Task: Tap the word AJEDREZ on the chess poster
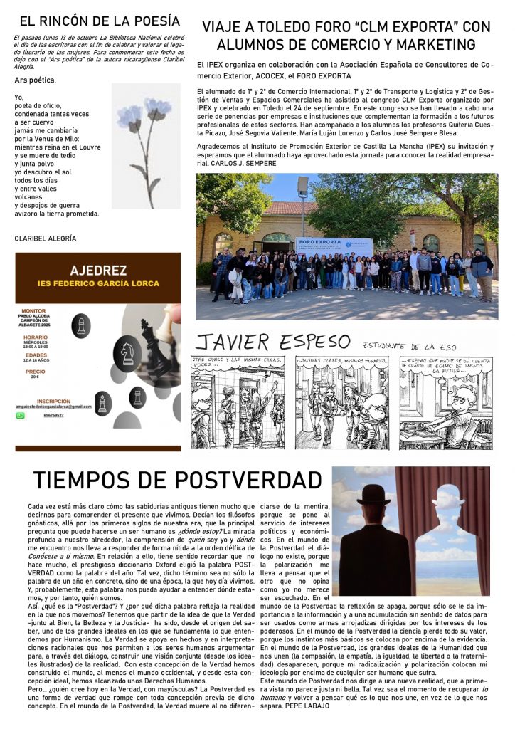[x=98, y=271]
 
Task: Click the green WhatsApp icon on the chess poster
[x=21, y=415]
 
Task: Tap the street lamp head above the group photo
[x=303, y=186]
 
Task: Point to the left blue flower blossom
[x=129, y=117]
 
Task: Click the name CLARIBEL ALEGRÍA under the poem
[x=45, y=238]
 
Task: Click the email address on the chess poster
[x=65, y=406]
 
